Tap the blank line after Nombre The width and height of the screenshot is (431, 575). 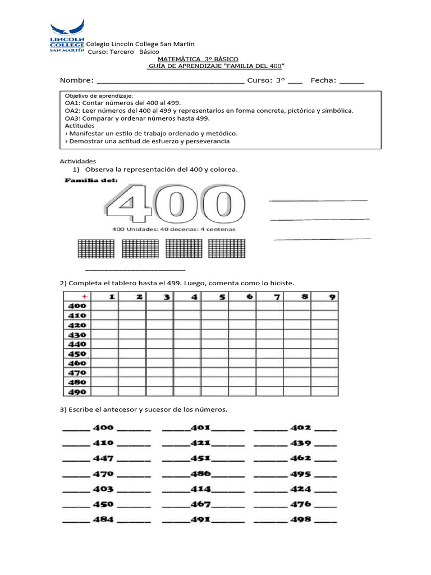171,82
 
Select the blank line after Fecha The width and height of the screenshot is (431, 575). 351,82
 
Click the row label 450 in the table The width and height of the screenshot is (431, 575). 77,354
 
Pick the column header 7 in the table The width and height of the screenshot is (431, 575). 277,296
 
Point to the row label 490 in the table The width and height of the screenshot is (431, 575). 77,392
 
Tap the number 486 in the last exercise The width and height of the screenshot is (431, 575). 200,473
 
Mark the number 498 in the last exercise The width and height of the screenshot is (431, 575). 301,519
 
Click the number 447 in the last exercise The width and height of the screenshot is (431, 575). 103,458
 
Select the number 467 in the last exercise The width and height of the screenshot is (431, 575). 200,504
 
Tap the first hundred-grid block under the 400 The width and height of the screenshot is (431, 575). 95,249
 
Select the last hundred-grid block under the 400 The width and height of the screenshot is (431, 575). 227,249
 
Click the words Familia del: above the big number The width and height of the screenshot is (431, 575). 91,181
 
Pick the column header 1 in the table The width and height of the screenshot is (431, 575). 112,296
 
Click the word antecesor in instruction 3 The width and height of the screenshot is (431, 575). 120,409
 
